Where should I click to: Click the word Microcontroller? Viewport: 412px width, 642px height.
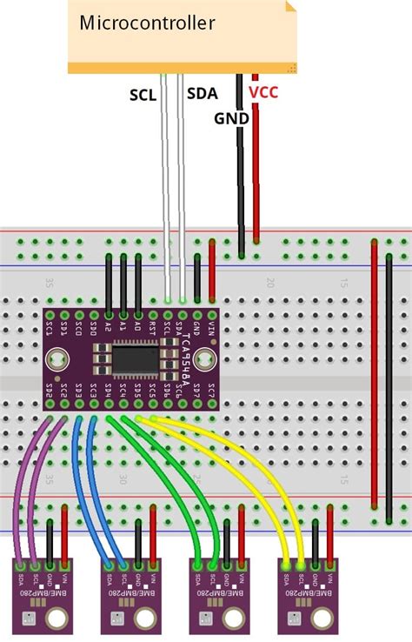[147, 23]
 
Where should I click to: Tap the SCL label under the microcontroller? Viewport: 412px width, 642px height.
[143, 95]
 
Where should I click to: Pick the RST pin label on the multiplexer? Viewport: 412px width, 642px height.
[153, 327]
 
